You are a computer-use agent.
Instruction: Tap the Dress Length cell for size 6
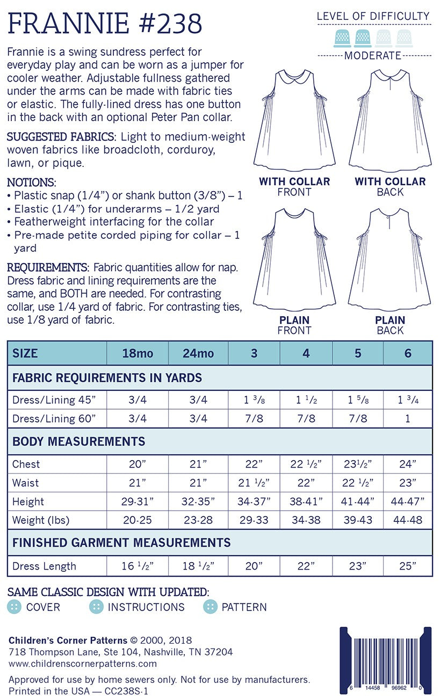(x=408, y=566)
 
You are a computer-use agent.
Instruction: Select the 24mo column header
(x=198, y=353)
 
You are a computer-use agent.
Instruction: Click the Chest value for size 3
(x=254, y=464)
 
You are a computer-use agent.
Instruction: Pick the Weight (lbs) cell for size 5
(x=358, y=520)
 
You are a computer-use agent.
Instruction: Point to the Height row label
(x=28, y=501)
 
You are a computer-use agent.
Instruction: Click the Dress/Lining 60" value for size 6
(x=408, y=418)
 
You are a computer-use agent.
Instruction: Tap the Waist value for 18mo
(x=138, y=483)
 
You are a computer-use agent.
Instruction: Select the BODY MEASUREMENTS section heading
(x=79, y=441)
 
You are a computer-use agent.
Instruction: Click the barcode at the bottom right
(x=386, y=660)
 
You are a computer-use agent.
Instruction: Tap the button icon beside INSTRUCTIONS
(x=96, y=607)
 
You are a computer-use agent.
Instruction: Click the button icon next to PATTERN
(x=210, y=607)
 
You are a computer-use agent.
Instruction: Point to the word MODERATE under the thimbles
(x=373, y=55)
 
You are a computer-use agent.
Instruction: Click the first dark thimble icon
(x=342, y=38)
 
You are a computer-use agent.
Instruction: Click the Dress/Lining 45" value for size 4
(x=306, y=399)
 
